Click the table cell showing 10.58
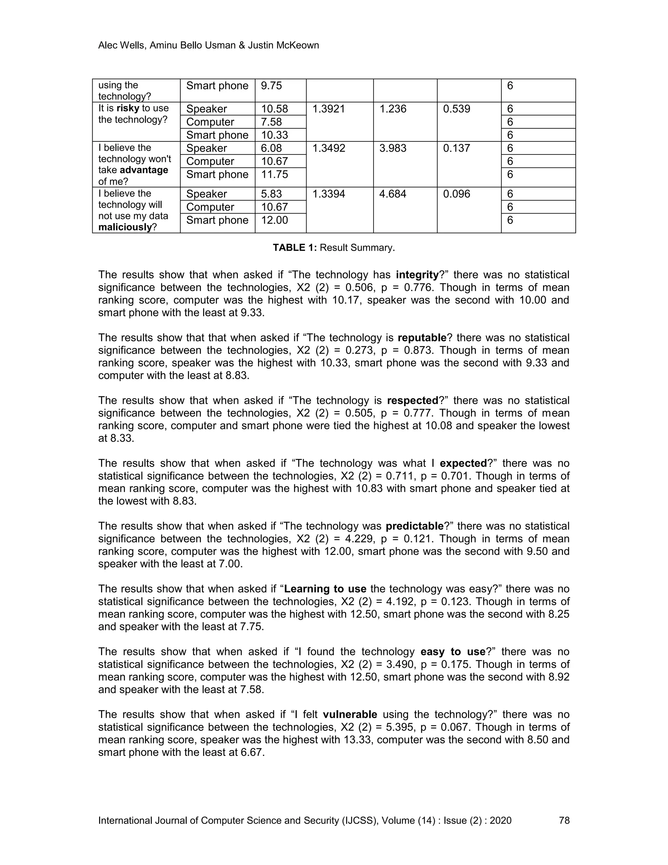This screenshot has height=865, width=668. tap(274, 109)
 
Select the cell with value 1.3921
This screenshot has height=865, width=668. tap(328, 109)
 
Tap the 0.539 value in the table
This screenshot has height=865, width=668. tap(456, 109)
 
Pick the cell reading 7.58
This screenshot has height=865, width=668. tap(271, 122)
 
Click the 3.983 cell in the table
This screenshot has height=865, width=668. tap(393, 148)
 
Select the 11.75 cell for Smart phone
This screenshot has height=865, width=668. tap(274, 174)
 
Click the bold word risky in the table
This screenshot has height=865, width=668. tap(128, 108)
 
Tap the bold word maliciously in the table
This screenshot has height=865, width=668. tap(125, 227)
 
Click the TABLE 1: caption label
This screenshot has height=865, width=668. tap(295, 248)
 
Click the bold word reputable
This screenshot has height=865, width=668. tap(422, 338)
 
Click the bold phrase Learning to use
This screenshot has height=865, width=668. tap(325, 589)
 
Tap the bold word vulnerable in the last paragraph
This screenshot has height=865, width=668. tap(350, 715)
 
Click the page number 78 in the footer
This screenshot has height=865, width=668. tap(564, 820)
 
